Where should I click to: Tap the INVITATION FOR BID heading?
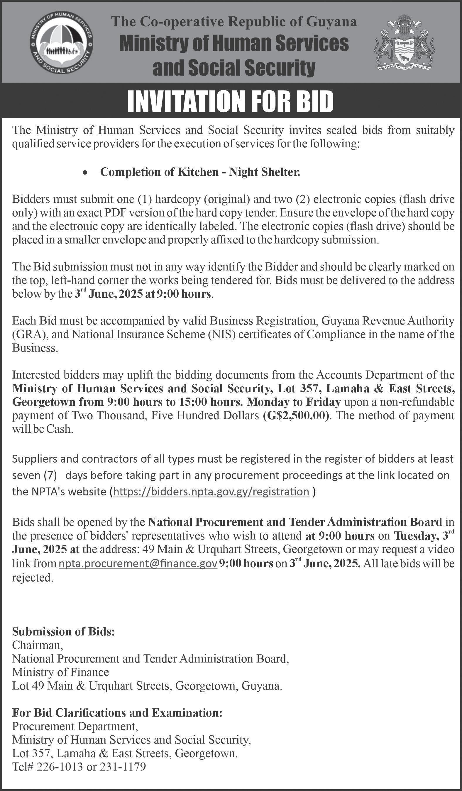pos(230,101)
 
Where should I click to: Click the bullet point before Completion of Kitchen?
pos(84,173)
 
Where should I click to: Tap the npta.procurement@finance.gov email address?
pos(138,563)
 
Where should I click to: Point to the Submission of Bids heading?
pos(63,631)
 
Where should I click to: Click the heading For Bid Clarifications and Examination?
pos(117,712)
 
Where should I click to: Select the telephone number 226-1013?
pos(60,767)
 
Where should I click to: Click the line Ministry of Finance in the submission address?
pos(61,672)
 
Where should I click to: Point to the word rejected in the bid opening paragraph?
pos(32,577)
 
